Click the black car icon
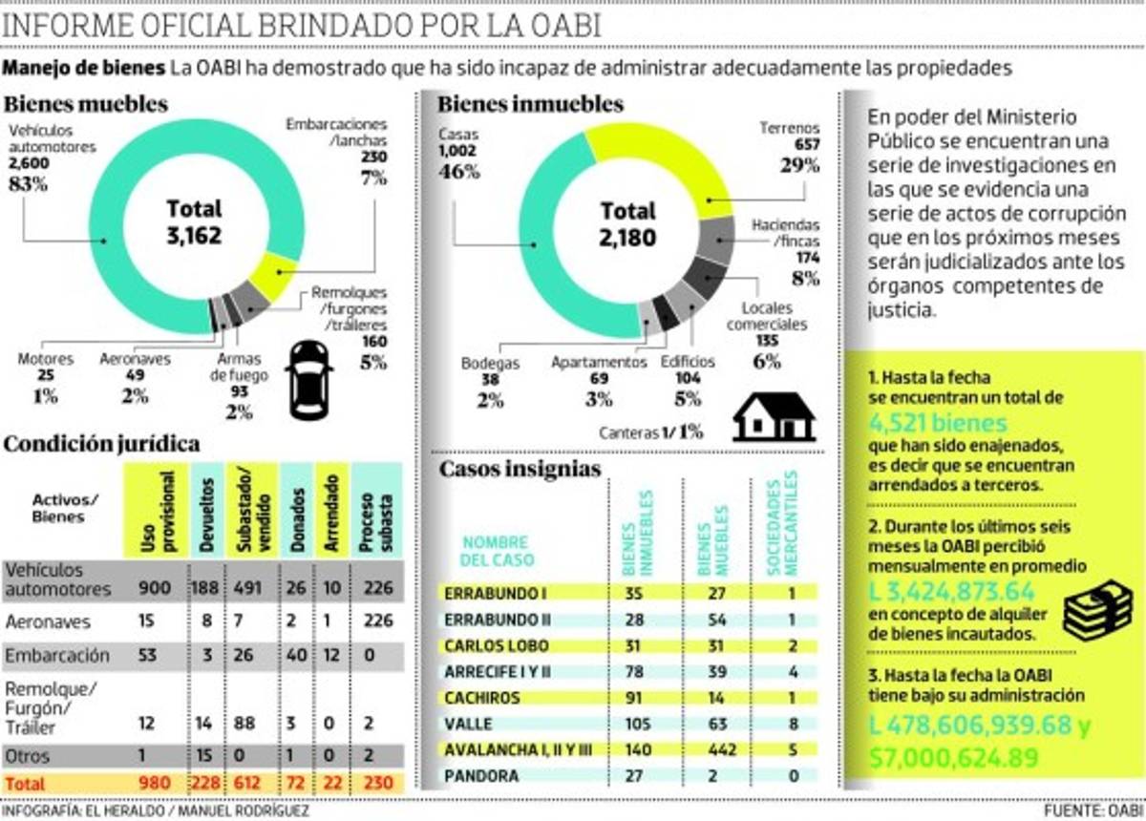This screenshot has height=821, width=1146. pos(309,381)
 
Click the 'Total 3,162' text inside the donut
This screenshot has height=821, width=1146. pos(194,221)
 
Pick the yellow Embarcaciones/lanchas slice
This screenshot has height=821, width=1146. pos(273,276)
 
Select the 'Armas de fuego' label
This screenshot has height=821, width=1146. pos(239,368)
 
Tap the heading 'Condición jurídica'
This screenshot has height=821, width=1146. pos(102,444)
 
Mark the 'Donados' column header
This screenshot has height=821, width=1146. pos(297,511)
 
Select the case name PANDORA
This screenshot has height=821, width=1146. pos(481,776)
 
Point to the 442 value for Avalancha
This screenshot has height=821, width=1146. pos(717,750)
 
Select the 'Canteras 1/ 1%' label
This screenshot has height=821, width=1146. pos(651,432)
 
